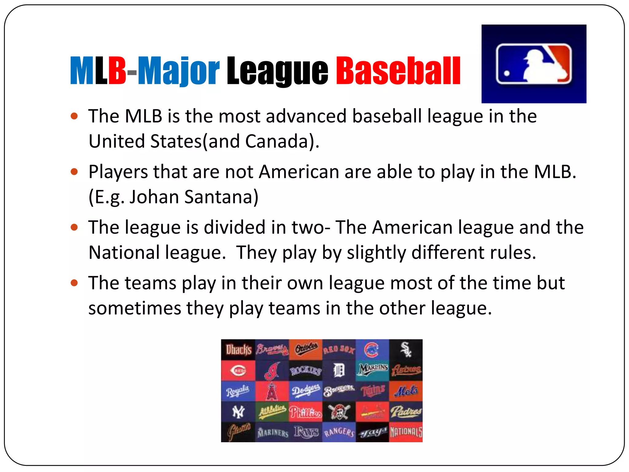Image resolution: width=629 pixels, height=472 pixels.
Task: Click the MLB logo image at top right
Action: point(534,64)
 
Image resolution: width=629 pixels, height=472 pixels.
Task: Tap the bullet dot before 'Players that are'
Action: point(74,171)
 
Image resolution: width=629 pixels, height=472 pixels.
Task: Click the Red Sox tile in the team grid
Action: point(339,350)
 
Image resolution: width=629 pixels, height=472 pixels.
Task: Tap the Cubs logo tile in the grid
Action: point(372,350)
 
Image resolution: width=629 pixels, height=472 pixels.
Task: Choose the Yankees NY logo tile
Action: point(238,412)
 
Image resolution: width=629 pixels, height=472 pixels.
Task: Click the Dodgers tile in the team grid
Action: point(305,391)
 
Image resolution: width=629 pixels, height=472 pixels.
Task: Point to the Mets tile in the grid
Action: point(406,391)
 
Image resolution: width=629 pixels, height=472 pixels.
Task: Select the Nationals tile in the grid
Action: point(406,432)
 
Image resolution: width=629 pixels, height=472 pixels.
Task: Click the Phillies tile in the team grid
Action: point(305,412)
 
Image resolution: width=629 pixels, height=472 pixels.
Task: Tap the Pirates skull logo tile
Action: point(339,412)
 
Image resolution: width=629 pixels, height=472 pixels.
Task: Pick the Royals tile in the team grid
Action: point(238,391)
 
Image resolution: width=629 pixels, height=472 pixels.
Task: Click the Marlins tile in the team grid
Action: point(372,370)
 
